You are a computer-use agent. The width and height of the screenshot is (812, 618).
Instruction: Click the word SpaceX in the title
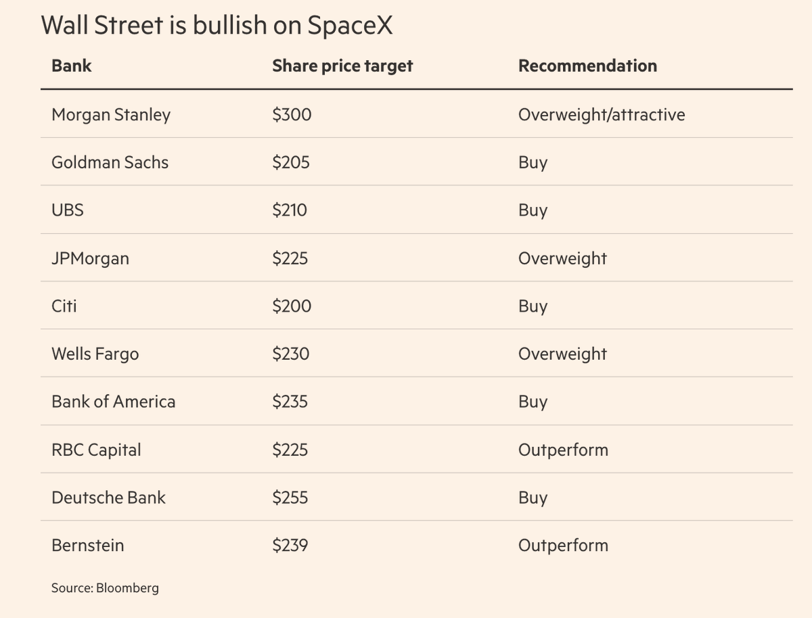pyautogui.click(x=350, y=26)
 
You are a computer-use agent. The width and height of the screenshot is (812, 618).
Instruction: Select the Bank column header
pyautogui.click(x=72, y=66)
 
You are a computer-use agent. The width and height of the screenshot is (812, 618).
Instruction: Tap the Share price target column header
pyautogui.click(x=342, y=66)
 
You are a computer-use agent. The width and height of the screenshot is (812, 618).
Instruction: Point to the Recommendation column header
pyautogui.click(x=587, y=66)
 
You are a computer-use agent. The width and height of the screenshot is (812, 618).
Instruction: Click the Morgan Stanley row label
pyautogui.click(x=111, y=115)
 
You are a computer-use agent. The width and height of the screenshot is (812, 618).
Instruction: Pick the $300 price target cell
pyautogui.click(x=292, y=114)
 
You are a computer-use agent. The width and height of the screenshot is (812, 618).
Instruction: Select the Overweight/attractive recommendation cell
pyautogui.click(x=602, y=115)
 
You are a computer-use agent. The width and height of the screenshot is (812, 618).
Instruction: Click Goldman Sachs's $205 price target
pyautogui.click(x=291, y=162)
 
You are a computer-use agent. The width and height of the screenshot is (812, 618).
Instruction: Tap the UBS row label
pyautogui.click(x=68, y=210)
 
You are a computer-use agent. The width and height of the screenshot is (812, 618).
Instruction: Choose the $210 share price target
pyautogui.click(x=290, y=210)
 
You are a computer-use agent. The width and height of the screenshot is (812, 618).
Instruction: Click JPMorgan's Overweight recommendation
pyautogui.click(x=562, y=258)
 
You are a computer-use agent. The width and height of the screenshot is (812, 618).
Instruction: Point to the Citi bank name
pyautogui.click(x=64, y=306)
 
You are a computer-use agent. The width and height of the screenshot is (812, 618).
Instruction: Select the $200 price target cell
pyautogui.click(x=292, y=306)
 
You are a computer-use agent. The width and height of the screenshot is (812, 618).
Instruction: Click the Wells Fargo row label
pyautogui.click(x=95, y=354)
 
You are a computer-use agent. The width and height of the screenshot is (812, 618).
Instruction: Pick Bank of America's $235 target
pyautogui.click(x=290, y=402)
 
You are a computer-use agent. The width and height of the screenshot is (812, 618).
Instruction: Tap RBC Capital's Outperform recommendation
pyautogui.click(x=563, y=450)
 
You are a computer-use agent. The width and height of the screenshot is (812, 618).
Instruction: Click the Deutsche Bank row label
pyautogui.click(x=108, y=498)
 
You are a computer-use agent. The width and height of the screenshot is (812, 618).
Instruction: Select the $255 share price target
pyautogui.click(x=290, y=498)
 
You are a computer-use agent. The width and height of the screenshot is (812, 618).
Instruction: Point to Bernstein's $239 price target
pyautogui.click(x=290, y=545)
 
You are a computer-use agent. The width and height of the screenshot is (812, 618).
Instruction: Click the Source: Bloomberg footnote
pyautogui.click(x=105, y=588)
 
